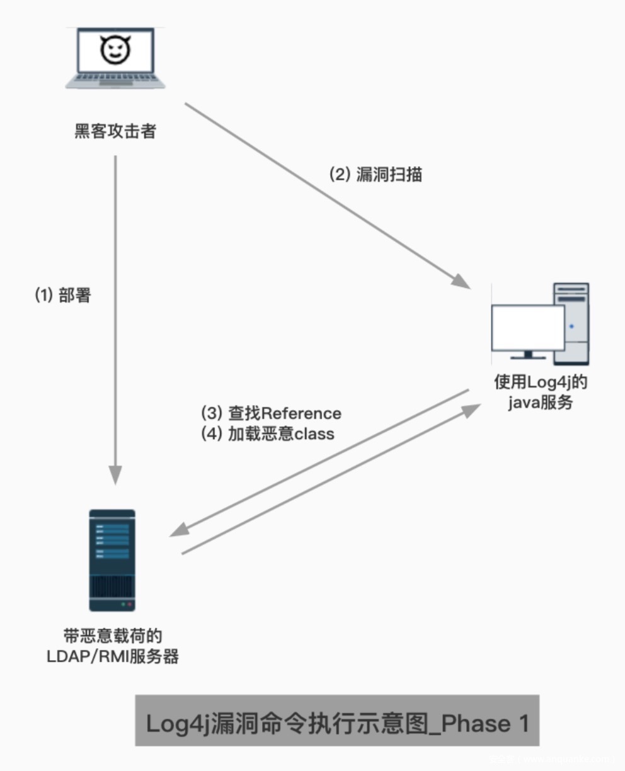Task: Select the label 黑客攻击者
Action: pos(115,132)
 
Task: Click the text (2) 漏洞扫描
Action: pos(376,174)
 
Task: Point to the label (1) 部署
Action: pos(62,295)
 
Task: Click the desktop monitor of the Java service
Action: pos(528,329)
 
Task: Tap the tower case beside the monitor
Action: pos(571,323)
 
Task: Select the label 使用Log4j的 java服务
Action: pos(541,392)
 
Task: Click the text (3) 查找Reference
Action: pos(271,413)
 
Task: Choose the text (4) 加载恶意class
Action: pos(267,434)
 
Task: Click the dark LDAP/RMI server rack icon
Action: pos(112,560)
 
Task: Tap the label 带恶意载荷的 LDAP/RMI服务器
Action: pos(113,646)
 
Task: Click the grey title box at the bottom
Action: pos(337,721)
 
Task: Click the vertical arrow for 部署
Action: pos(115,315)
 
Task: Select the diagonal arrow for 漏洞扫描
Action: pos(328,195)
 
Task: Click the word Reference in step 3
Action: pos(301,413)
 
